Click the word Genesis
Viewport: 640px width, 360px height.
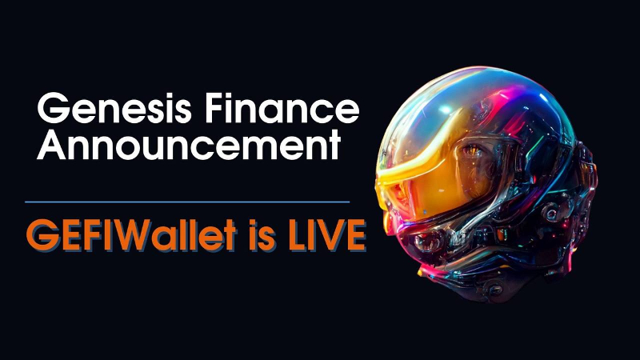pos(114,108)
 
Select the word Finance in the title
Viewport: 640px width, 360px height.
pos(282,108)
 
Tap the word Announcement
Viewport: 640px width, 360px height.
pos(189,145)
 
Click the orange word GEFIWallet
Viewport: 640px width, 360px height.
pos(131,234)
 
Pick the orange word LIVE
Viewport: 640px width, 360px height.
pos(327,234)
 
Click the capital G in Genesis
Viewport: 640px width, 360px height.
pos(52,108)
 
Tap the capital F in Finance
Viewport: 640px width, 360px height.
pos(215,108)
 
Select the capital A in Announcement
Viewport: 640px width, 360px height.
pos(51,145)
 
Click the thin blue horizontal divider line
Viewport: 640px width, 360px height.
pos(187,202)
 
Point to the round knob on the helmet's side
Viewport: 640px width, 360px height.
pos(552,213)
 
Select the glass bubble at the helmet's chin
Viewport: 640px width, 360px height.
pos(426,242)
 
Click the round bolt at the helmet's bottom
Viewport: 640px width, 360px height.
pos(495,290)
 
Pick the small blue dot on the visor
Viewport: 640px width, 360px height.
pos(425,212)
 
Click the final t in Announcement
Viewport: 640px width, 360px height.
pos(335,146)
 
